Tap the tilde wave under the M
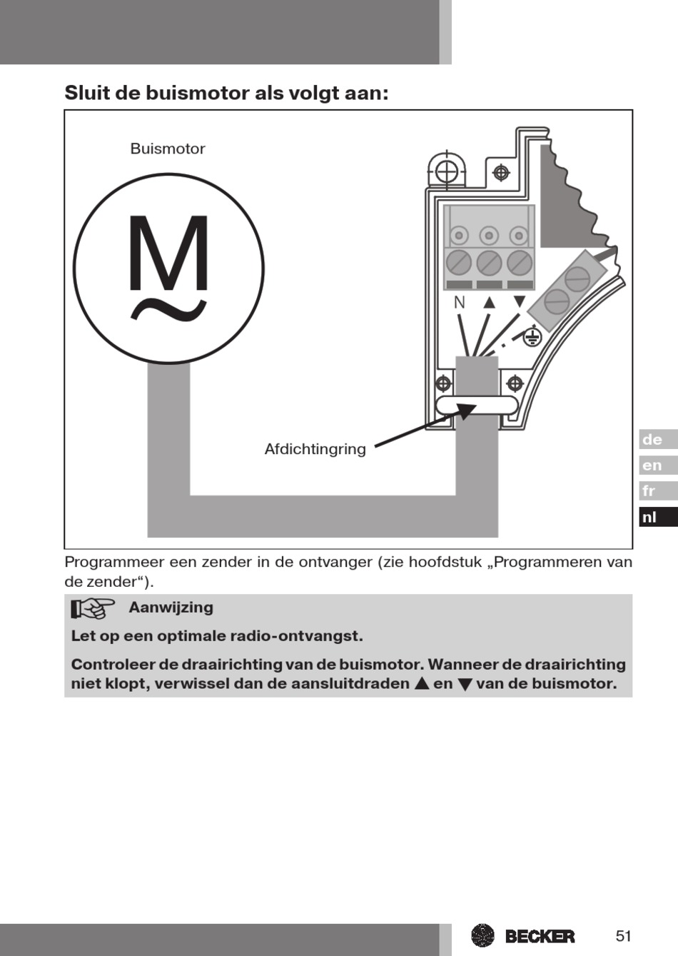tap(168, 311)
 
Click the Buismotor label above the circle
tap(167, 149)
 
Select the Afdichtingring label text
tap(315, 449)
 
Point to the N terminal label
tap(459, 303)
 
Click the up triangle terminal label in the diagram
tap(489, 302)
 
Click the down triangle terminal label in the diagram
tap(520, 302)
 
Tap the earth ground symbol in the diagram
tap(532, 336)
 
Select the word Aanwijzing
tap(171, 608)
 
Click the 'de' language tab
tap(652, 440)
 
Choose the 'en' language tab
tap(652, 466)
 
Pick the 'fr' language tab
tap(649, 491)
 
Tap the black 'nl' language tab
tap(649, 517)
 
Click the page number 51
tap(624, 936)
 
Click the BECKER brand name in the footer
tap(540, 936)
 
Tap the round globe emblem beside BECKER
tap(483, 935)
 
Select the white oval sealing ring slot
tap(477, 406)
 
